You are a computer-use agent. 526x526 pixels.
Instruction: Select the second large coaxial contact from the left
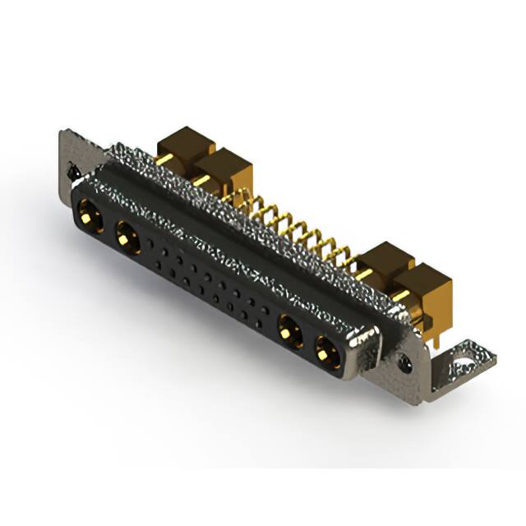click(127, 239)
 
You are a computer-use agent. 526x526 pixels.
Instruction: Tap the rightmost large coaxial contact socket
click(325, 349)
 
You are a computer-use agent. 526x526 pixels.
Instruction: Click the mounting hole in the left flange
click(71, 173)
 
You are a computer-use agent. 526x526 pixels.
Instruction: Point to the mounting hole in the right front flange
click(404, 360)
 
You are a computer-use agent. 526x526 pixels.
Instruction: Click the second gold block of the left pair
click(222, 168)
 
